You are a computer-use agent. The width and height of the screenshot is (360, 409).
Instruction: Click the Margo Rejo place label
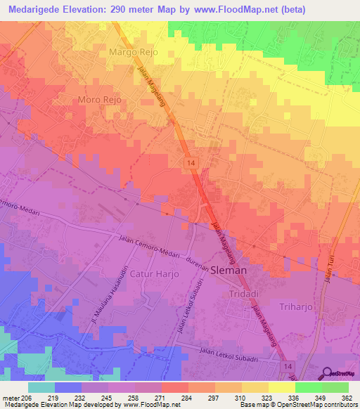coord(133,52)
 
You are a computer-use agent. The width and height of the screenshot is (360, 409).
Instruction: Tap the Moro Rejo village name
coord(100,100)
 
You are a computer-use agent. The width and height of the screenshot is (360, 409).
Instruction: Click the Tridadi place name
coord(243,294)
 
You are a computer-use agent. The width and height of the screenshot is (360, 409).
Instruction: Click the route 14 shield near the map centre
coord(191,162)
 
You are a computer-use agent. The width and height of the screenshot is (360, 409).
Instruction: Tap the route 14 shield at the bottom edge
coord(286,367)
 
